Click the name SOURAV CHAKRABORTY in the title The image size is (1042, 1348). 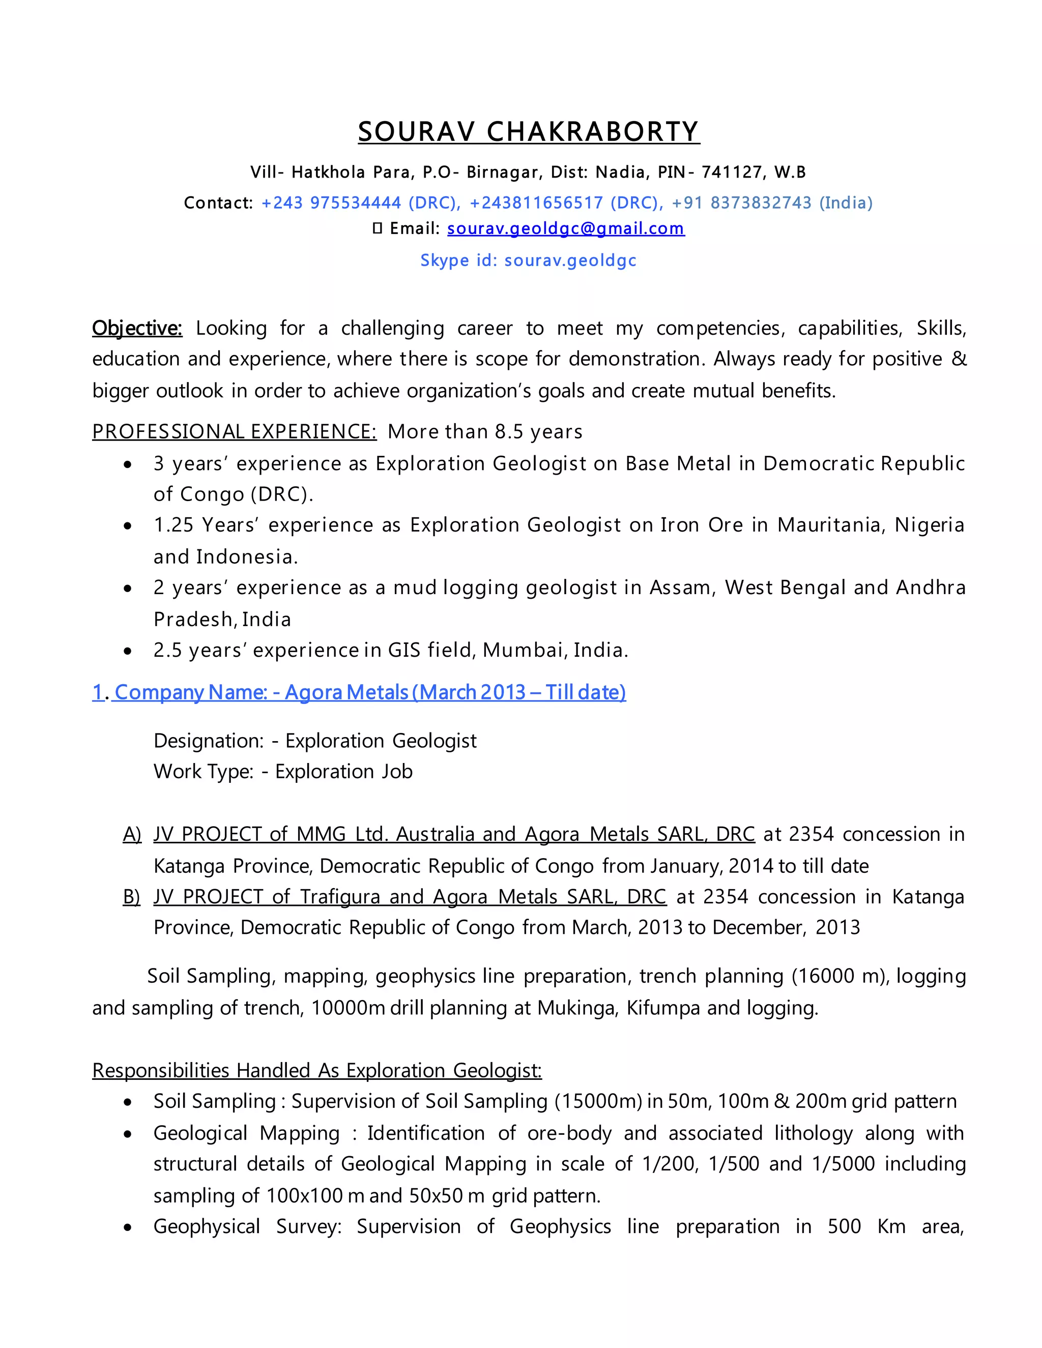[529, 131]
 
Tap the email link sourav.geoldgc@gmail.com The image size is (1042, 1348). [565, 228]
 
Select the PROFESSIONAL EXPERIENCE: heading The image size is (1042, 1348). [234, 431]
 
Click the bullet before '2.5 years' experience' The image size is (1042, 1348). [128, 651]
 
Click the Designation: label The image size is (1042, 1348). [209, 740]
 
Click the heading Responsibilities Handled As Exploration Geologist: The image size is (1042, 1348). [316, 1070]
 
